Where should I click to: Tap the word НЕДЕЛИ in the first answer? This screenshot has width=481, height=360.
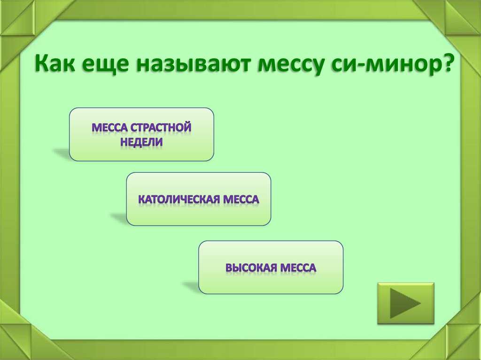(x=141, y=142)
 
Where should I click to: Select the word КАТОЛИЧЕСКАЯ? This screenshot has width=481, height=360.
(x=178, y=199)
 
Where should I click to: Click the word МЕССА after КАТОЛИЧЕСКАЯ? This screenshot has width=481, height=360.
(x=240, y=199)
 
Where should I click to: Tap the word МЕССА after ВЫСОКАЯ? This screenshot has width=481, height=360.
(x=298, y=268)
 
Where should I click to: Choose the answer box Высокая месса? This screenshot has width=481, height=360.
(x=271, y=268)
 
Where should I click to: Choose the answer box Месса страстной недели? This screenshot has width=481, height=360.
(x=141, y=134)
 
